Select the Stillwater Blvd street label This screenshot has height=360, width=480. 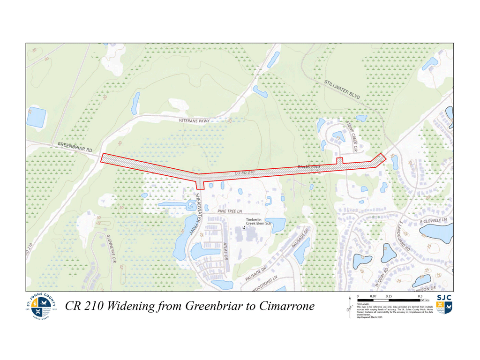(x=342, y=90)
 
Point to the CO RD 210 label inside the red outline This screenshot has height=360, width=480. (x=244, y=173)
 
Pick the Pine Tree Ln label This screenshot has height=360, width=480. (x=229, y=212)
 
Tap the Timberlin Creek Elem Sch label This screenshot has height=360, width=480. (x=259, y=221)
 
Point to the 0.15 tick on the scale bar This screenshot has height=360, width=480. (x=389, y=297)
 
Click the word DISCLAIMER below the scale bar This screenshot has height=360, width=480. (x=364, y=304)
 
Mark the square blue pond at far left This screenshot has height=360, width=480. (x=36, y=117)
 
